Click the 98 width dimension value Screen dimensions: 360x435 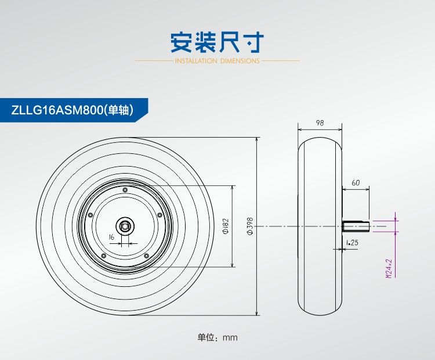click(x=320, y=123)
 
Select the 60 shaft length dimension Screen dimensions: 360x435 click(x=356, y=183)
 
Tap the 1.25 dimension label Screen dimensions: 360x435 click(x=351, y=242)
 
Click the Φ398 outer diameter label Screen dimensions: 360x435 click(x=250, y=226)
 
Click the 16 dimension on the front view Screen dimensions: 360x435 click(x=111, y=236)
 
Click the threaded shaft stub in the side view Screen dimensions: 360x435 click(x=355, y=226)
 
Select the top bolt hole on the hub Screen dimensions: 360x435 click(x=125, y=190)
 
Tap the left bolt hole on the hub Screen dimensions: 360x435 click(x=90, y=214)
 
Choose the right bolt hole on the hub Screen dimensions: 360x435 click(x=159, y=214)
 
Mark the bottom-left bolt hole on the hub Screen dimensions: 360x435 click(x=103, y=255)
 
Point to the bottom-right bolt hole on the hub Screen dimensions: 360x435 click(x=146, y=255)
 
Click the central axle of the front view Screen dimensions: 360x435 click(x=125, y=226)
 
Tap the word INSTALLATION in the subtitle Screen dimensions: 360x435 click(x=196, y=60)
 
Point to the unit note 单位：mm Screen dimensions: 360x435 click(x=217, y=337)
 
